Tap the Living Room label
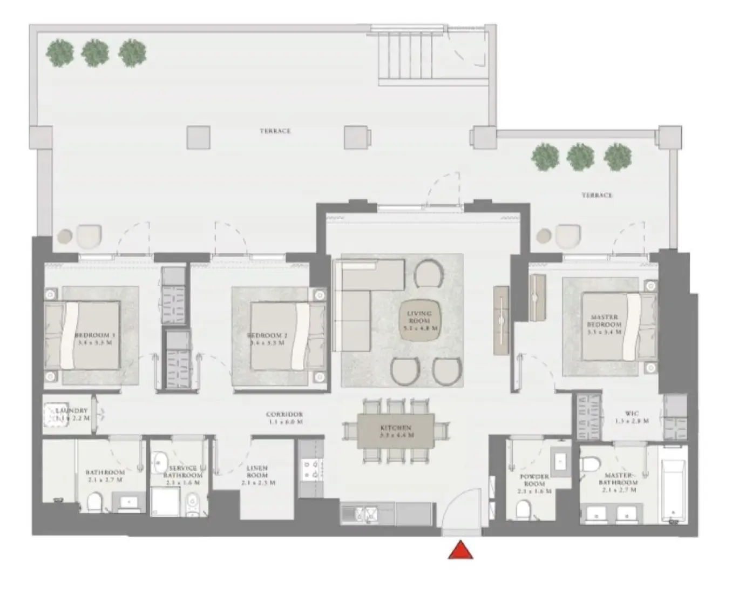point(419,320)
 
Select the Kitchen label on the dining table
point(396,431)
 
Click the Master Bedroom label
point(604,325)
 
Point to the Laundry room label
point(72,414)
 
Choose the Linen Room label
point(257,475)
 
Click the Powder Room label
point(534,484)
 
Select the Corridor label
point(284,418)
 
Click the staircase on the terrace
point(409,56)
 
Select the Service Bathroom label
point(183,475)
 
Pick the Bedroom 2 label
point(267,339)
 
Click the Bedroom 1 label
point(95,339)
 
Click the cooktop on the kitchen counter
point(310,469)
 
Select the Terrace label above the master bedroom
point(597,195)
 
